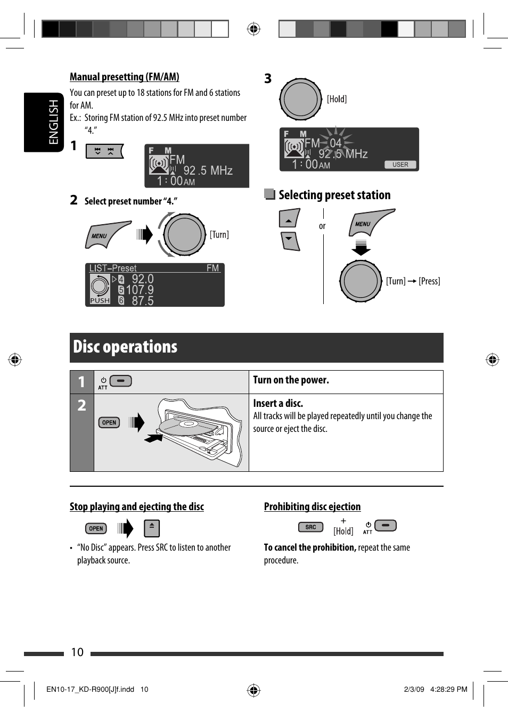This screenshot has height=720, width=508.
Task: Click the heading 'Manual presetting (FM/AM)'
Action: tap(125, 77)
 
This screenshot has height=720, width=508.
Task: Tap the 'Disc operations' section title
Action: tap(125, 347)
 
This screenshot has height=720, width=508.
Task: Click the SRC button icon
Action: tap(310, 527)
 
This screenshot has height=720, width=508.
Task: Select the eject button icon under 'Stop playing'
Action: tap(152, 528)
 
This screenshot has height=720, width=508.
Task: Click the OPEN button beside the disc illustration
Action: tap(109, 422)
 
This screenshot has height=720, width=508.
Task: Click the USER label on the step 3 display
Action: tap(400, 165)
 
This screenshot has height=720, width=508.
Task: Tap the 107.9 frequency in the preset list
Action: tap(140, 290)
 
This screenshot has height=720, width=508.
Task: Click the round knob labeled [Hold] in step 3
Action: tap(301, 99)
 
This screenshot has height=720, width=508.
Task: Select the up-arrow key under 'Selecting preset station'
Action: tap(289, 218)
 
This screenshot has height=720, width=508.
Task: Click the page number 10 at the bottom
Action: tap(77, 652)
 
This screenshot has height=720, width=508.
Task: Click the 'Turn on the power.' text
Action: tap(291, 380)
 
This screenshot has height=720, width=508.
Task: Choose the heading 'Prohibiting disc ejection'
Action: tap(312, 506)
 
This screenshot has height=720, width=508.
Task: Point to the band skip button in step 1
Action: tap(104, 151)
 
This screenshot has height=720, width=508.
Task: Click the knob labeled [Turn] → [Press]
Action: tap(360, 281)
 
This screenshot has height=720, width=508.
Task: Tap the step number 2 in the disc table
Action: tap(81, 405)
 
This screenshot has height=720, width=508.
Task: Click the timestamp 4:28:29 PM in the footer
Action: tap(448, 689)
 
